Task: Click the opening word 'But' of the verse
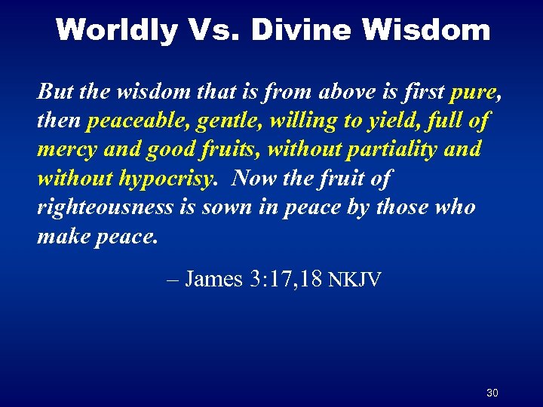coord(54,92)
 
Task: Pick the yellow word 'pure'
coord(472,92)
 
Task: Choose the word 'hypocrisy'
coord(156,178)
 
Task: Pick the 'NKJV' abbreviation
coord(354,280)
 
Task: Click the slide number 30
coord(492,393)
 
